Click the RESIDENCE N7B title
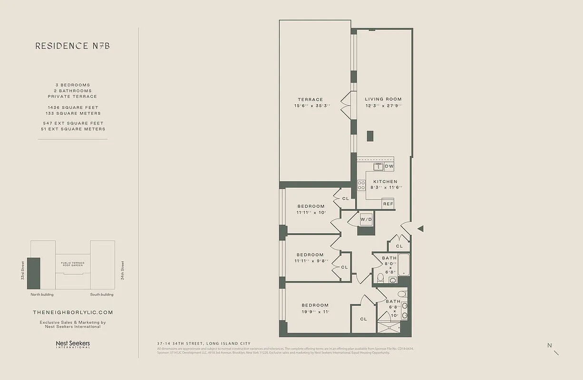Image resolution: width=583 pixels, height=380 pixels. [x=72, y=46]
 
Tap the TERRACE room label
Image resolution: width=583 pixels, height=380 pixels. [x=311, y=100]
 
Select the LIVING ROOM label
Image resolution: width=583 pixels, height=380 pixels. [x=383, y=99]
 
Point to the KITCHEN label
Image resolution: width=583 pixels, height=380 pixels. [x=385, y=182]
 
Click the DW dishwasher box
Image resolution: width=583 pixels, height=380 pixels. [x=389, y=166]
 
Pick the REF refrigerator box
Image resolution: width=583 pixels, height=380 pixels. [x=388, y=204]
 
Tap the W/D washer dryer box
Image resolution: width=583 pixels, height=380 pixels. [x=366, y=219]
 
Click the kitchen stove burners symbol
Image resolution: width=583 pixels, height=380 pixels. [x=361, y=185]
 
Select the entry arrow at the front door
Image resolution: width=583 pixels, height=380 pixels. [x=420, y=229]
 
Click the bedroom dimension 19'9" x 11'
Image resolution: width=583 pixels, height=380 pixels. [x=315, y=312]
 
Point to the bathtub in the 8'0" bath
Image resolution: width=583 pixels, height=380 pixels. [x=404, y=265]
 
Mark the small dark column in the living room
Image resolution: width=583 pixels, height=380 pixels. [x=370, y=135]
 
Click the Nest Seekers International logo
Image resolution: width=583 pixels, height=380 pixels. [x=73, y=344]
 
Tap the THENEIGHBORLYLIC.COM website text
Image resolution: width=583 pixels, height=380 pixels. [x=73, y=313]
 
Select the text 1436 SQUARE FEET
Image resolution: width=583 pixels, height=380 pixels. [x=73, y=108]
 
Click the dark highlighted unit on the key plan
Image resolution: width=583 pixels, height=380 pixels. [x=34, y=273]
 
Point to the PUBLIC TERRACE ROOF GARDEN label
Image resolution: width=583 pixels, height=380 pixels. [x=73, y=264]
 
